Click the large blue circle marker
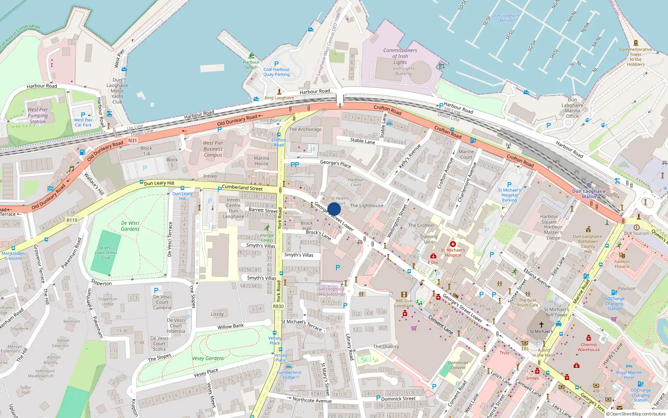[x=334, y=209]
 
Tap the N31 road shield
[x=132, y=140]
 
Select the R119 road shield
[x=72, y=220]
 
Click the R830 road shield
[x=278, y=306]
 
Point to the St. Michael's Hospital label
[x=453, y=252]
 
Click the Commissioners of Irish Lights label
[x=400, y=56]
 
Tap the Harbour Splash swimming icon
[x=251, y=56]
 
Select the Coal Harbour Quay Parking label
[x=276, y=72]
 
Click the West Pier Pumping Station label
[x=38, y=116]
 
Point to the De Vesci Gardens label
[x=130, y=226]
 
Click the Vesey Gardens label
[x=208, y=358]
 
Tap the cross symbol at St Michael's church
[x=541, y=324]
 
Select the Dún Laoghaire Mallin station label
[x=589, y=194]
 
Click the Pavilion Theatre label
[x=622, y=264]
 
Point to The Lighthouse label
[x=367, y=206]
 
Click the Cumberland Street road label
[x=242, y=188]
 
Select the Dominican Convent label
[x=458, y=365]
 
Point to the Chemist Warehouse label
[x=589, y=347]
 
